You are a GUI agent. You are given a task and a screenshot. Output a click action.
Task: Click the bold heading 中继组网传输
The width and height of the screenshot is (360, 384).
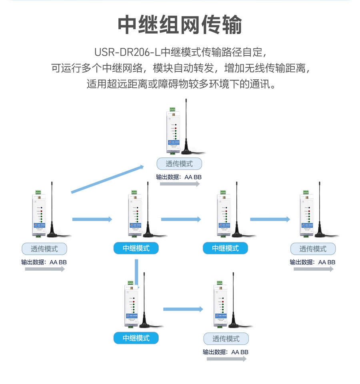click(180, 25)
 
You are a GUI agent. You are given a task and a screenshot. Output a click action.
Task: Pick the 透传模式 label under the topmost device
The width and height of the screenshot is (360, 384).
click(179, 164)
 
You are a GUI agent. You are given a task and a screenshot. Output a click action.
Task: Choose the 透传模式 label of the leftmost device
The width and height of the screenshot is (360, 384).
click(44, 249)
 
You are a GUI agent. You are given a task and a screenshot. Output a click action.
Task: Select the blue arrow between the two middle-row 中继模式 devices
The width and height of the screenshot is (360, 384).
click(181, 219)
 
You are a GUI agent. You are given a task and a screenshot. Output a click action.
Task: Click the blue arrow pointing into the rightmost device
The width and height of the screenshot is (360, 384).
click(270, 219)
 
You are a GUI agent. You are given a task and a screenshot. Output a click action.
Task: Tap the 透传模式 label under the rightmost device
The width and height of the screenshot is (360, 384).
click(313, 249)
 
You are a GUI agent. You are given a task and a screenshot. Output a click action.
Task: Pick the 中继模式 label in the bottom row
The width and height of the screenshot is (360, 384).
click(136, 338)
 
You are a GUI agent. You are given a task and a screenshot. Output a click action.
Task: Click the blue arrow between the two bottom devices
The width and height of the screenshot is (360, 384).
click(183, 309)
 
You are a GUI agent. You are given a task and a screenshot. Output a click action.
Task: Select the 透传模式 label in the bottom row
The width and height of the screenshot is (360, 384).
click(226, 339)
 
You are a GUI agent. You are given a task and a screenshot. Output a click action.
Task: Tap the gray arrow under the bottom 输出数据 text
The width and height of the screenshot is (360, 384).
click(227, 359)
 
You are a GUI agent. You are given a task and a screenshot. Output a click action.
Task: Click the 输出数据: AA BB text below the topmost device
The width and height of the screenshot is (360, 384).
click(179, 177)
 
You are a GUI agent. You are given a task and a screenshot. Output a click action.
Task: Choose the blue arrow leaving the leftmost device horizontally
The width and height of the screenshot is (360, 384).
click(92, 219)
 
